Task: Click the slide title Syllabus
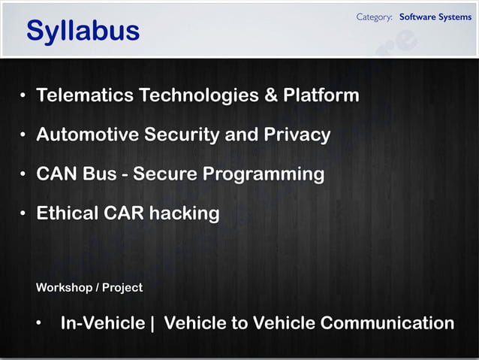click(x=83, y=31)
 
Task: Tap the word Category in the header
click(x=375, y=17)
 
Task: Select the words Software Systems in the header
click(x=435, y=17)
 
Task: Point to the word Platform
click(x=321, y=96)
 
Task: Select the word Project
click(x=122, y=288)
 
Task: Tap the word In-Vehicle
click(x=103, y=323)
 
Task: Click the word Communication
click(x=387, y=323)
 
